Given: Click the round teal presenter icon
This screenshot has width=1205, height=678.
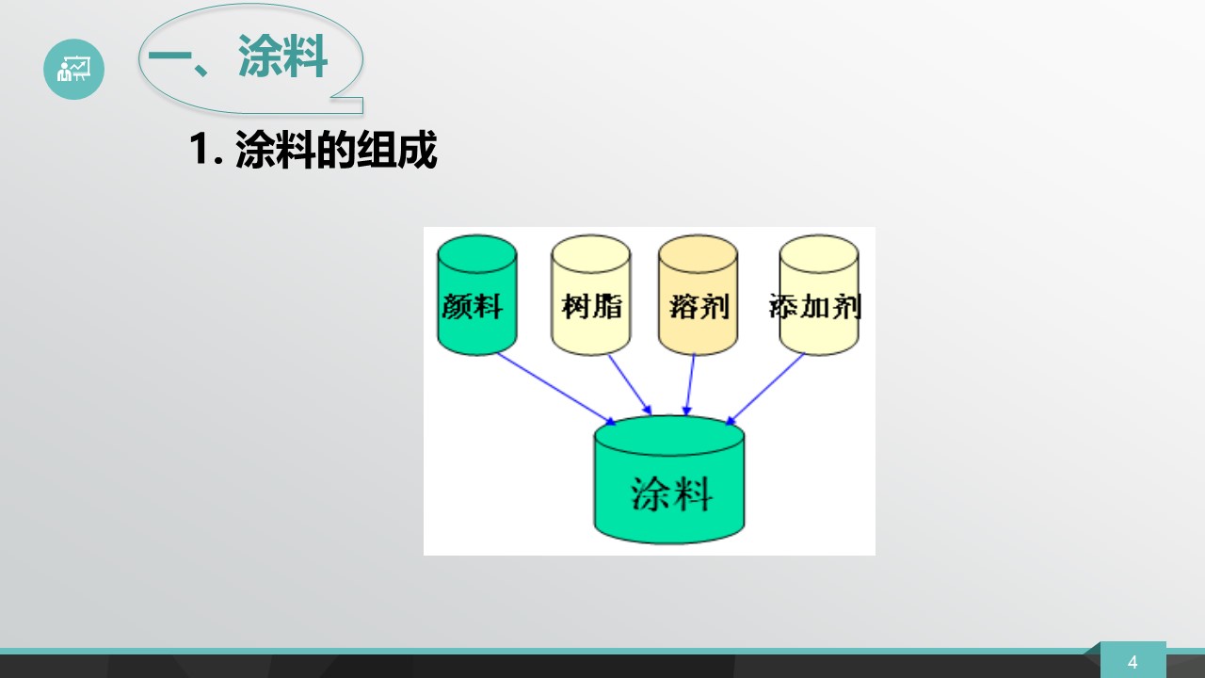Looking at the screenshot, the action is (73, 69).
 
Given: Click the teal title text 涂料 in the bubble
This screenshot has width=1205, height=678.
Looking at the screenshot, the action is (283, 56).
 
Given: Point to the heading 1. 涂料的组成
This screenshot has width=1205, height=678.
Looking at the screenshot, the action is (313, 150).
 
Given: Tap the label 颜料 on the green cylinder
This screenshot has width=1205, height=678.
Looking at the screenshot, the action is (473, 306).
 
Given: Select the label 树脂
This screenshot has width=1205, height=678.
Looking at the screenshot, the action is (592, 306).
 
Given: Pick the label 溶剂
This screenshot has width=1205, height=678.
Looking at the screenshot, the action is (699, 307).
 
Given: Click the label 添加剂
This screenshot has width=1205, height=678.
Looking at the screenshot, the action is (815, 307).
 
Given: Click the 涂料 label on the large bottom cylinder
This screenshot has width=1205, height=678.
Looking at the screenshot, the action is (671, 493).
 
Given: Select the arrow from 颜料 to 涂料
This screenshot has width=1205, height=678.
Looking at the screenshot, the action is (556, 389).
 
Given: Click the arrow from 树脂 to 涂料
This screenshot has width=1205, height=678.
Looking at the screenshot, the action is (630, 384).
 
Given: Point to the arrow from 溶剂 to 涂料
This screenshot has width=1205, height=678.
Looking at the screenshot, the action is (690, 384).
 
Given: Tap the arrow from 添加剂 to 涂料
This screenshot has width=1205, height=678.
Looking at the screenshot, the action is (765, 389).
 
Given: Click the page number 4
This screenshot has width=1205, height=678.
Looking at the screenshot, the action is (1133, 662).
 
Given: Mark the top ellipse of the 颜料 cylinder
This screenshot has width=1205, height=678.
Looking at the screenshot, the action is (477, 254).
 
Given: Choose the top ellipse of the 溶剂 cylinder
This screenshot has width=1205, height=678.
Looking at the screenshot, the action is (698, 254).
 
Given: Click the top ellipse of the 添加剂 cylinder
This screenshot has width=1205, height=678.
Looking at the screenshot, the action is (819, 254).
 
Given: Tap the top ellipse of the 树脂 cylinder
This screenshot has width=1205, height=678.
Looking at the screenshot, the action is (590, 254).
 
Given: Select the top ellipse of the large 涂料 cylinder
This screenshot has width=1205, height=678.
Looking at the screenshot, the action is (669, 436).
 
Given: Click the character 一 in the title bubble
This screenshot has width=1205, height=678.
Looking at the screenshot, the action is (170, 56).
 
